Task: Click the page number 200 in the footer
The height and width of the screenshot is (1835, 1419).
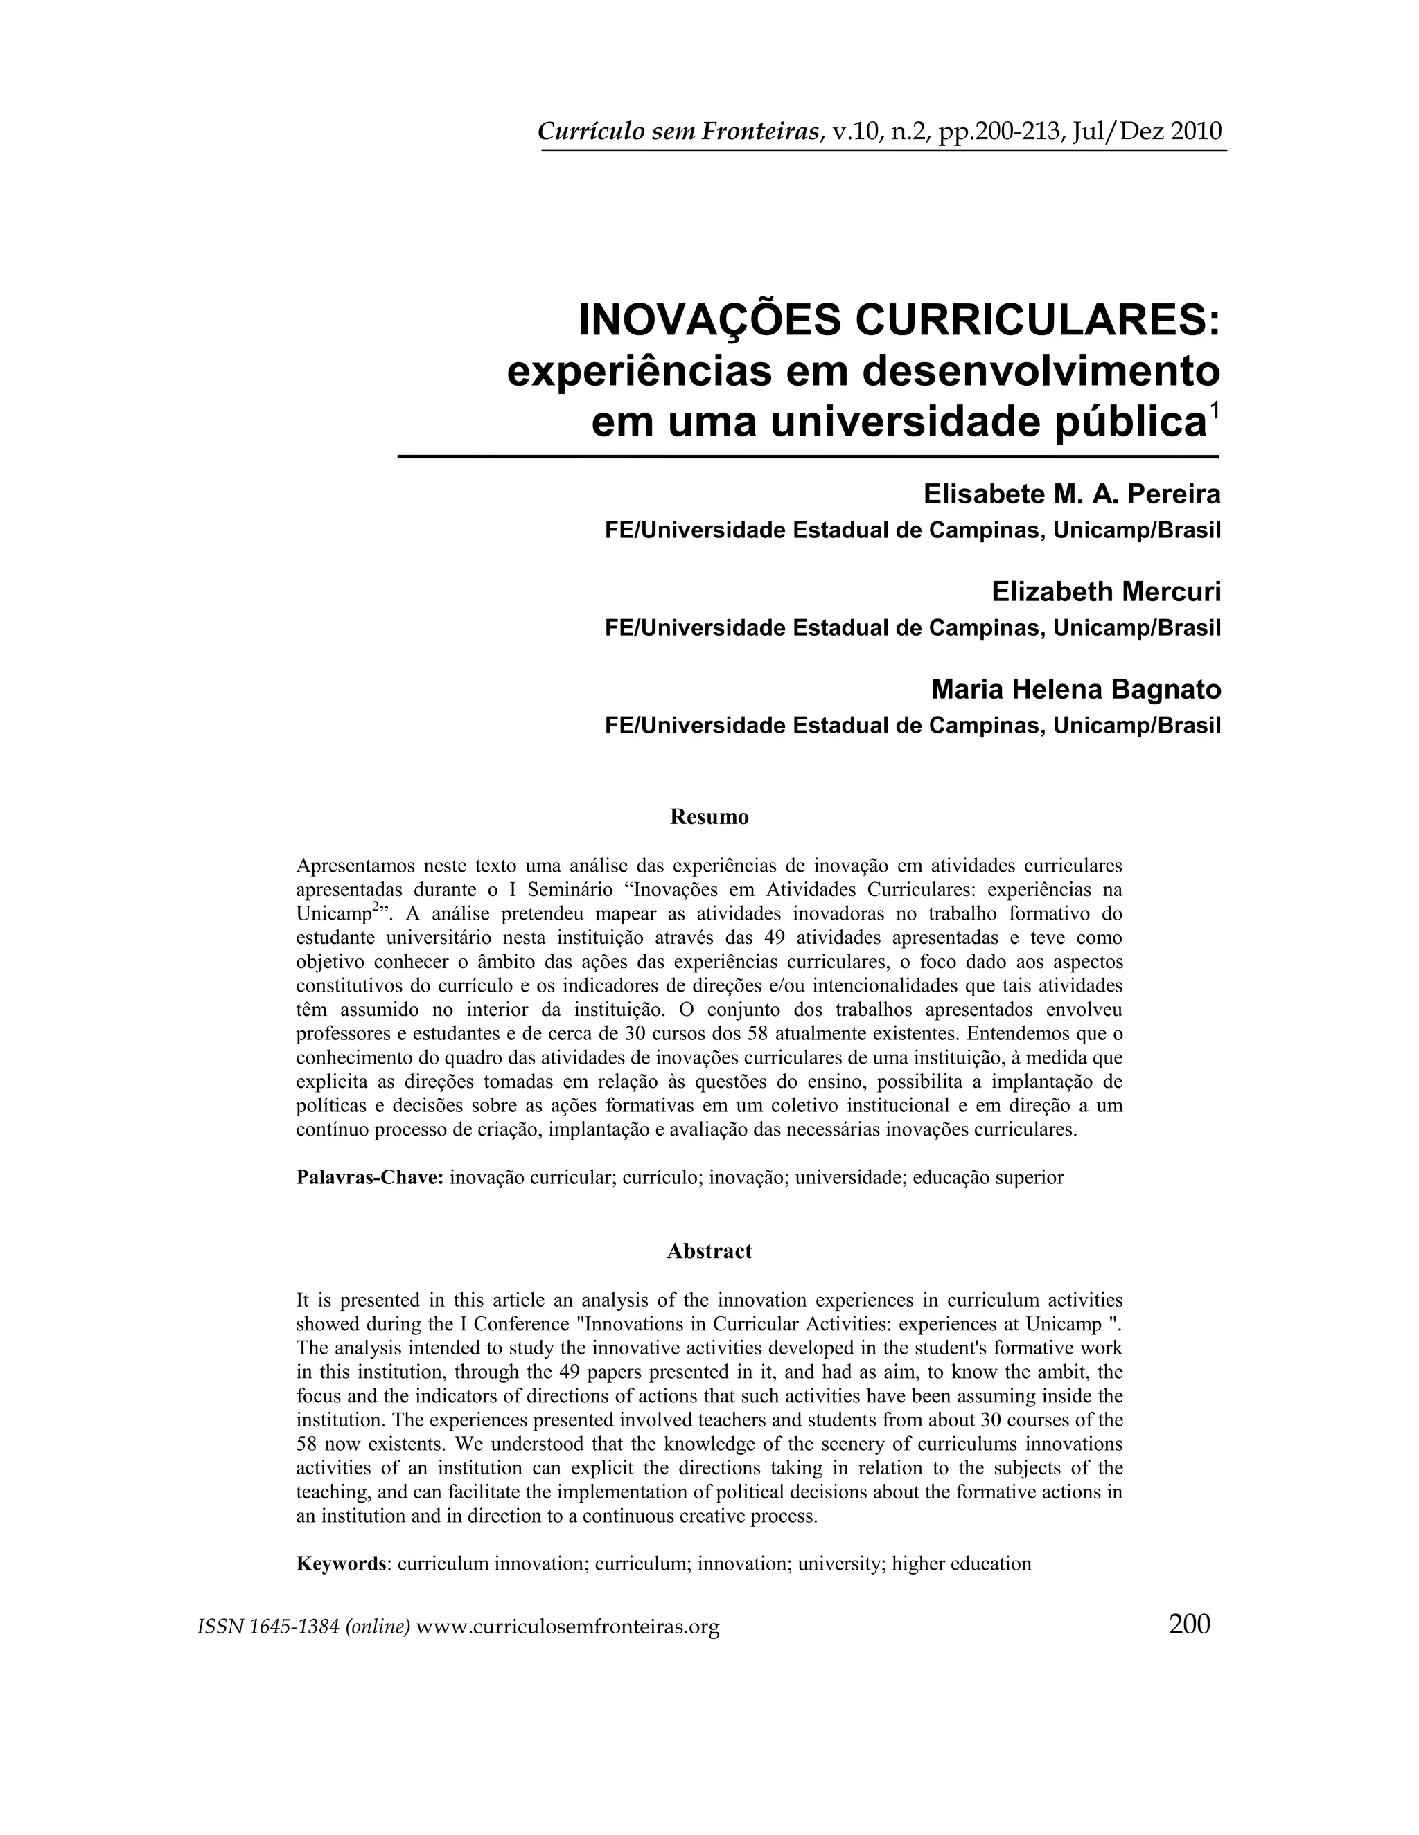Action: pos(1189,1624)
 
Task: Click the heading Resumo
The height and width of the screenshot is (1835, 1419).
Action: pos(709,816)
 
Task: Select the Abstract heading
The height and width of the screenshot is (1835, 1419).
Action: pos(709,1251)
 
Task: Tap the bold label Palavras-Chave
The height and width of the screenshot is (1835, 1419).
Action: pos(370,1177)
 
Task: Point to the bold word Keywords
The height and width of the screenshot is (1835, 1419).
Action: pos(342,1564)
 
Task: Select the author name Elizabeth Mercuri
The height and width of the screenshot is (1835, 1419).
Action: pos(1105,592)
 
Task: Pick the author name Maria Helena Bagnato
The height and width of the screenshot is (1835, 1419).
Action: pos(1075,690)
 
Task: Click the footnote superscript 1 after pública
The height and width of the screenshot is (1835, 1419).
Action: pos(1213,410)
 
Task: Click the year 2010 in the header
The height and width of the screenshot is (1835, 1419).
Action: pos(1196,132)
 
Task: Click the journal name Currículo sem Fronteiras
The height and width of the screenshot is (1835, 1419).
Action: pos(679,132)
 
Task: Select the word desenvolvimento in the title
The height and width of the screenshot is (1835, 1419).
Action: pos(1041,370)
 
